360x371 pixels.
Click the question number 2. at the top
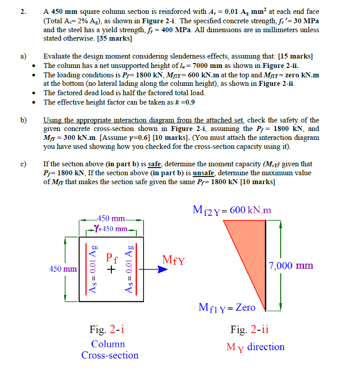pos(23,12)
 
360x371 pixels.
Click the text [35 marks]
pos(114,38)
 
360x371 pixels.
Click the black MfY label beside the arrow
pos(174,260)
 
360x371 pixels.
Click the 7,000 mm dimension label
pos(291,266)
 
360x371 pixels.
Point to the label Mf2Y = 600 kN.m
pos(232,210)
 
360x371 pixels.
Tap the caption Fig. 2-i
pos(107,330)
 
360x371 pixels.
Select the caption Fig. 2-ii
pos(250,330)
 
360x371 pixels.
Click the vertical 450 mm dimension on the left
pos(63,269)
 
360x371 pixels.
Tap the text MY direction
pos(255,347)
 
